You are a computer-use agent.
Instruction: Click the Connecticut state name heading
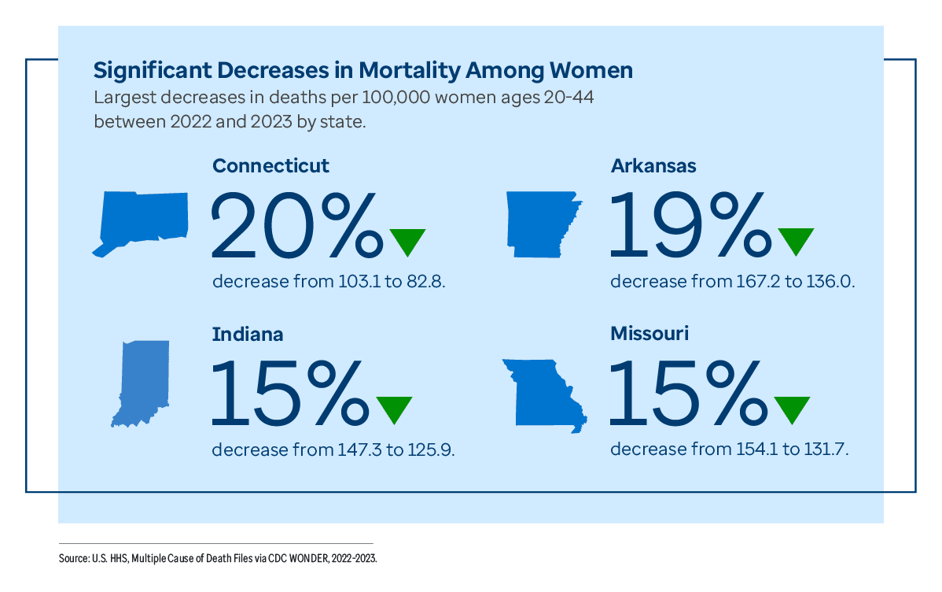(x=270, y=166)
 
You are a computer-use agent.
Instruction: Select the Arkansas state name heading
(x=653, y=166)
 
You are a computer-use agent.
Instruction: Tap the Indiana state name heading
(x=248, y=334)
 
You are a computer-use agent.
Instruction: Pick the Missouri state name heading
(x=649, y=334)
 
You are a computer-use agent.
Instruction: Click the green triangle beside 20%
(x=407, y=240)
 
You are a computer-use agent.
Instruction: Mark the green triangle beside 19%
(x=796, y=240)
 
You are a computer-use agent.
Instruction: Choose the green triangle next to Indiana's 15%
(x=394, y=408)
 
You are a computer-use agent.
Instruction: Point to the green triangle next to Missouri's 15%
(x=792, y=408)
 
